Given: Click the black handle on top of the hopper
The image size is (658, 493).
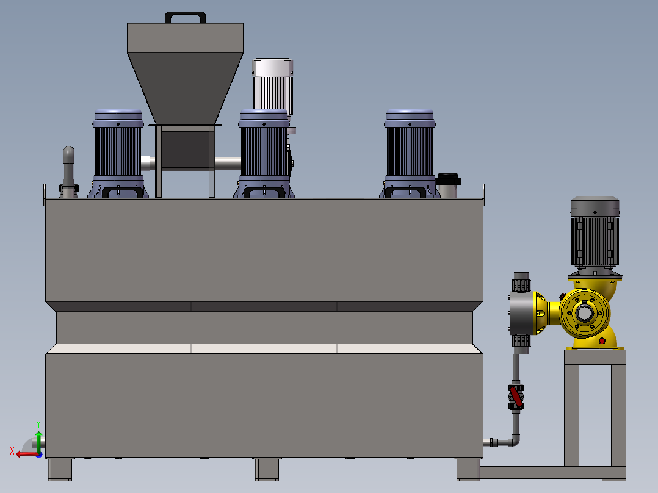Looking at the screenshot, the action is pyautogui.click(x=186, y=13).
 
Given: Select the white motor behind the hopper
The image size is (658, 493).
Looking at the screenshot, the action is pyautogui.click(x=273, y=85).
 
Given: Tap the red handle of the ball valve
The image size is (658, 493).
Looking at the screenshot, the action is pyautogui.click(x=516, y=397).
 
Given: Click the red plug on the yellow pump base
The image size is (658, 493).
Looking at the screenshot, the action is pyautogui.click(x=602, y=340).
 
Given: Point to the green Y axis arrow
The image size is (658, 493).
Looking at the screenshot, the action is pyautogui.click(x=38, y=441).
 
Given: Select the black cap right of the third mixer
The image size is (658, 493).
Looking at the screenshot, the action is pyautogui.click(x=448, y=179).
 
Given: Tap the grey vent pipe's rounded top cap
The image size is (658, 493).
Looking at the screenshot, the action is pyautogui.click(x=68, y=151).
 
